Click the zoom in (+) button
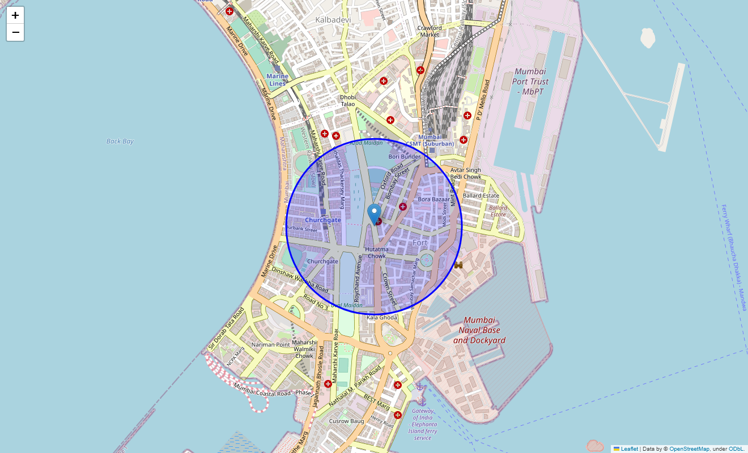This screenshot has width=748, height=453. click(x=15, y=15)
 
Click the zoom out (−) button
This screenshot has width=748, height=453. click(x=15, y=32)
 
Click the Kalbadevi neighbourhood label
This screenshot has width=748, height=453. click(x=333, y=20)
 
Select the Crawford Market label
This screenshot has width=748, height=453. click(x=430, y=31)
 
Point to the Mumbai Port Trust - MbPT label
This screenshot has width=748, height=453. click(x=530, y=81)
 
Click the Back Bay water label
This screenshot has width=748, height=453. click(x=120, y=141)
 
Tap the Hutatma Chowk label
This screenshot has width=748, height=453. click(x=377, y=253)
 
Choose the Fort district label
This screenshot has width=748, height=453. click(x=420, y=243)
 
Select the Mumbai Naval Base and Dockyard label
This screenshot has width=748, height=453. click(x=479, y=330)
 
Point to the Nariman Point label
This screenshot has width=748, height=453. click(x=271, y=344)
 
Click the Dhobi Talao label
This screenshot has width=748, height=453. click(x=347, y=100)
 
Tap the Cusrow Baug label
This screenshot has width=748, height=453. click(x=346, y=421)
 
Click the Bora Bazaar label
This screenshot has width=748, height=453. click(x=433, y=199)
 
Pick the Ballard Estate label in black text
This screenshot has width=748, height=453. click(x=481, y=195)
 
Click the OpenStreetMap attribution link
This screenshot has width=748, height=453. click(x=689, y=448)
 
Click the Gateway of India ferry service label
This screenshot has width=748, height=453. click(x=423, y=424)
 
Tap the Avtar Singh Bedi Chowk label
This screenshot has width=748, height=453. click(x=465, y=173)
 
